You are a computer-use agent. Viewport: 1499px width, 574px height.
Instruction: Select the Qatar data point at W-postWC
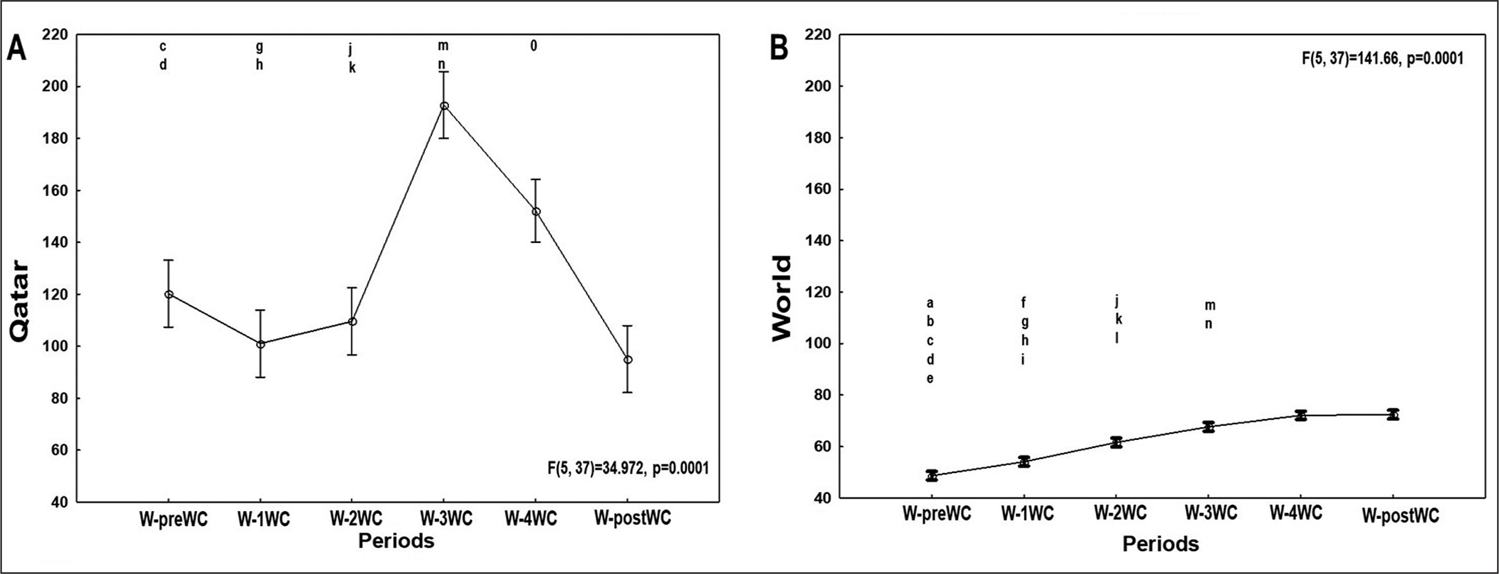628,360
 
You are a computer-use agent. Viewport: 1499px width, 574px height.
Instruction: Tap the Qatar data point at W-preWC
169,294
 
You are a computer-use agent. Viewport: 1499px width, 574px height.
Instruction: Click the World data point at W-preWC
932,476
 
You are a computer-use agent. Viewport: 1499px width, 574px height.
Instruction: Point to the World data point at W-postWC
1393,414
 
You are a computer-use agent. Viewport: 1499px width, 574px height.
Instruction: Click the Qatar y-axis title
20,301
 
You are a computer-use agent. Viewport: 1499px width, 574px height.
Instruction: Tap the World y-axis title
783,298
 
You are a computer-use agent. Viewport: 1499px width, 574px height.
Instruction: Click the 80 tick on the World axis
818,395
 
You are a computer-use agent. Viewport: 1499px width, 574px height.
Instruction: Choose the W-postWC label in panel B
1400,516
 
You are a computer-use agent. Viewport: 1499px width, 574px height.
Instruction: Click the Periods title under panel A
396,541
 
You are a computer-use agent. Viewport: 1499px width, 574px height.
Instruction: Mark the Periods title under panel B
1160,544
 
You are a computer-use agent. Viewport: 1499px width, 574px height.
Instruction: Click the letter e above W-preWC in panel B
930,379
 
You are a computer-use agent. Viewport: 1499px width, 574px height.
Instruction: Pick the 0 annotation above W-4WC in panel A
534,46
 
